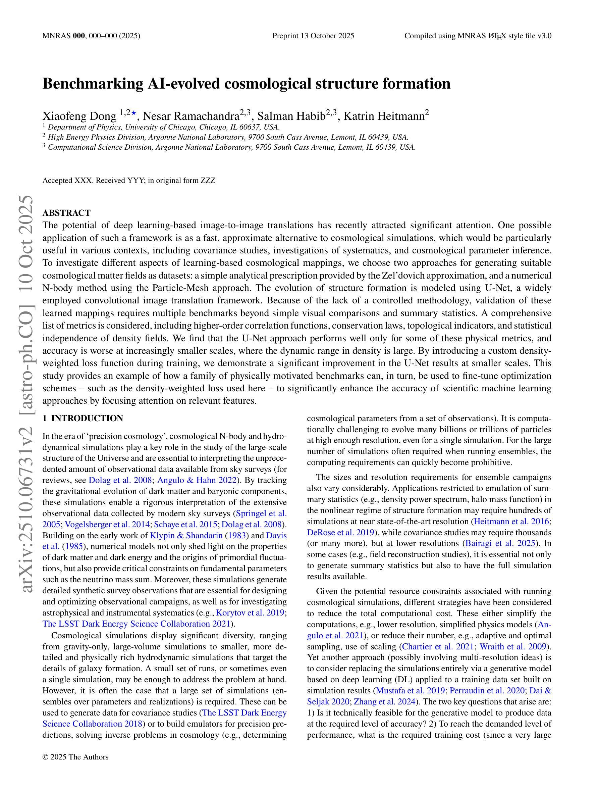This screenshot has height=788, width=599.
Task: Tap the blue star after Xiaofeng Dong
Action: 134,113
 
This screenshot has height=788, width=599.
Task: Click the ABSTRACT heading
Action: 66,213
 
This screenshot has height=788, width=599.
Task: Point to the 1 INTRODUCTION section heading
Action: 83,418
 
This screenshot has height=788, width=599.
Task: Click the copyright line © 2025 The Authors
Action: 75,757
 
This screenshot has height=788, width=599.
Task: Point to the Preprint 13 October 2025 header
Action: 313,36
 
